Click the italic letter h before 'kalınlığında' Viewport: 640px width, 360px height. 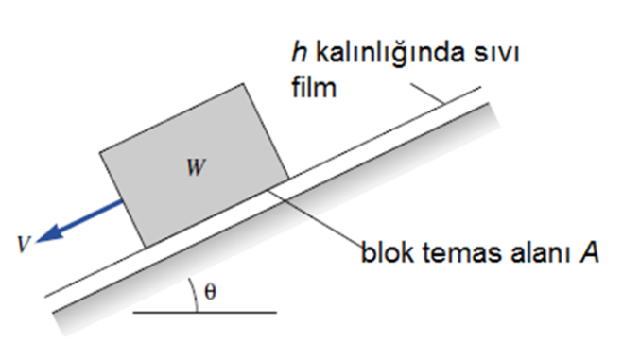pos(294,56)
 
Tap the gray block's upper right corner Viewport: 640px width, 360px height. pos(247,85)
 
